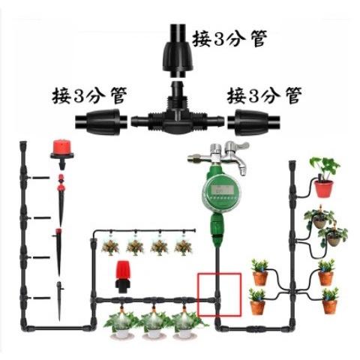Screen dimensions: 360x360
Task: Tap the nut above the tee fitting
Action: coord(178,50)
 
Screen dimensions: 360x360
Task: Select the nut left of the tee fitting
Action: coord(101,122)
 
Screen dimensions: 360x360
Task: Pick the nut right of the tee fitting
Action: coord(253,122)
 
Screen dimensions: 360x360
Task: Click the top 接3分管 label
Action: coord(229,38)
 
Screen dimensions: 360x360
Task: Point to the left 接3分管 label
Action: coord(89,95)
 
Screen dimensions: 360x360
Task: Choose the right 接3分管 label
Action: coord(264,95)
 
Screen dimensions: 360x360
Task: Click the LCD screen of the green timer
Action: coord(222,190)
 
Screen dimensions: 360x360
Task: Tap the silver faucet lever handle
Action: coord(238,146)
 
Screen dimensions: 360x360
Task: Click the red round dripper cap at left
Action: coord(62,149)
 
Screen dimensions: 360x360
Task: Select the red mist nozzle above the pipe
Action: coord(122,277)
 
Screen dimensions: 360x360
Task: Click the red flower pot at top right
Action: coord(324,189)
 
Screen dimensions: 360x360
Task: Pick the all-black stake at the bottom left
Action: coord(59,301)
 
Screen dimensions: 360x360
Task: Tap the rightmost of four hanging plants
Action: coord(183,247)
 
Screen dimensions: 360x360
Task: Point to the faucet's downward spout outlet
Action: coord(242,172)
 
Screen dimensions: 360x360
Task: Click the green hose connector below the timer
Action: coord(217,227)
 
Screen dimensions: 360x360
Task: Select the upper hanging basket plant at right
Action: coord(319,218)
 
